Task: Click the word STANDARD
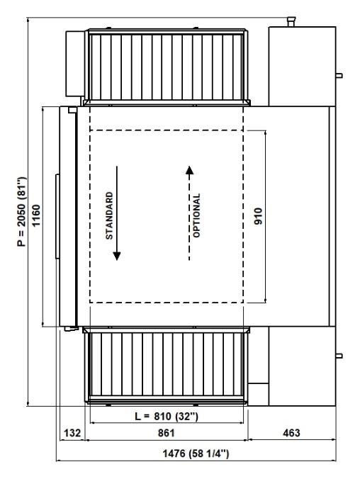[109, 215]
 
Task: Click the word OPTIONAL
[197, 215]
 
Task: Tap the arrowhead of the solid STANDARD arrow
[117, 256]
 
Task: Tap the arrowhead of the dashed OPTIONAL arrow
[189, 170]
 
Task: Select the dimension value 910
[258, 216]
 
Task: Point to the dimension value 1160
[36, 215]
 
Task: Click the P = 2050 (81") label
[22, 211]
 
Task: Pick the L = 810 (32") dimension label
[167, 416]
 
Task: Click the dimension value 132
[72, 433]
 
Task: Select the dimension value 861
[167, 433]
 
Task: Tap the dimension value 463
[291, 433]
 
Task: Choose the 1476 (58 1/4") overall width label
[196, 453]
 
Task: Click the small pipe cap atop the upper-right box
[291, 21]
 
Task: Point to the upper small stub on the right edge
[339, 75]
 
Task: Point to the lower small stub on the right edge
[339, 356]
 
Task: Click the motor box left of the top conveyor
[75, 64]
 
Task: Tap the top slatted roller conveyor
[167, 67]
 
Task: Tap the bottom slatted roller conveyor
[167, 366]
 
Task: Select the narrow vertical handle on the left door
[57, 216]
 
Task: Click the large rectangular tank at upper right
[302, 67]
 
